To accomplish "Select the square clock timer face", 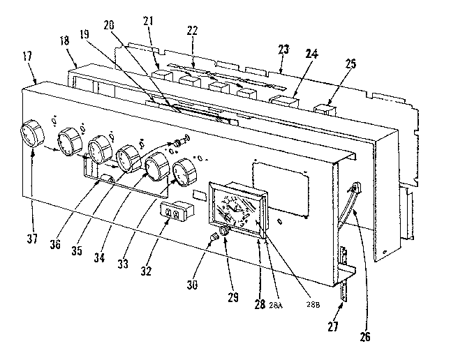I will [235, 207].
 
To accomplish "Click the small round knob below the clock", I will [226, 232].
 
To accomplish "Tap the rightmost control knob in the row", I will [183, 170].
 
